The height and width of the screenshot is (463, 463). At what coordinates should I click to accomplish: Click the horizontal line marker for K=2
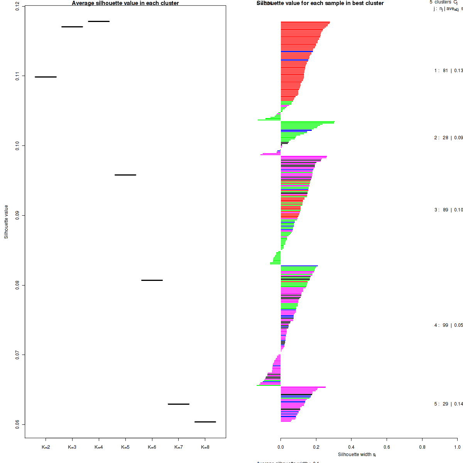46,77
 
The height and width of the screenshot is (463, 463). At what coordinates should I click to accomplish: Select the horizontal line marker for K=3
72,27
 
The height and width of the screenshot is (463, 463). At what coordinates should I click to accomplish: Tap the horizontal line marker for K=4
99,21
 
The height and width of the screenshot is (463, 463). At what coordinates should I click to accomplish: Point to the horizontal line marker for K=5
125,175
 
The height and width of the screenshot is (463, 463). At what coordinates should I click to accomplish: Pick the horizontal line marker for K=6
152,280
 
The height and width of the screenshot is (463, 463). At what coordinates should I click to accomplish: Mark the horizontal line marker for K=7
179,404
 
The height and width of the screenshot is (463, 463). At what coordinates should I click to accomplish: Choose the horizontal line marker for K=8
205,422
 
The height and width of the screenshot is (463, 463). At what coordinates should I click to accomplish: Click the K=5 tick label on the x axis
125,447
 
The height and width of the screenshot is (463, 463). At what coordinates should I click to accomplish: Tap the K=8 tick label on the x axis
205,447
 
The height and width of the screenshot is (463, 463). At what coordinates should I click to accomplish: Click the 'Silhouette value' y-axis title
6,222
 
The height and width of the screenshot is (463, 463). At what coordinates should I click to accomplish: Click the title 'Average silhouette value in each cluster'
125,3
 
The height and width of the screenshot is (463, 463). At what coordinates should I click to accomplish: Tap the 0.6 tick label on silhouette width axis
387,447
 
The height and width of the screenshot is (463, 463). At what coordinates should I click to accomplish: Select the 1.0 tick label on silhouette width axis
457,447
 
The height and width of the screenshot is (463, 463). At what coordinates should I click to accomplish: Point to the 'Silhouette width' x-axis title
357,455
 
